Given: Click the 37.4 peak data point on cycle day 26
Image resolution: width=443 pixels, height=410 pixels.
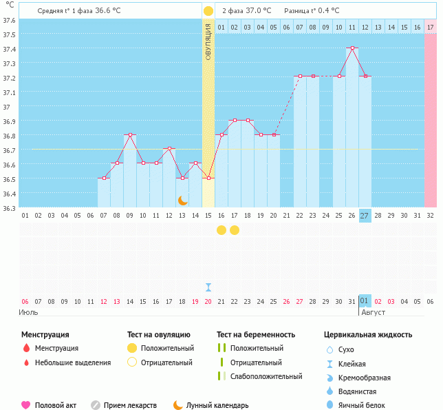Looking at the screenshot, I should (352, 48).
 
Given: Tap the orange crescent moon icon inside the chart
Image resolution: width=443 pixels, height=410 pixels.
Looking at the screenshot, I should (183, 200).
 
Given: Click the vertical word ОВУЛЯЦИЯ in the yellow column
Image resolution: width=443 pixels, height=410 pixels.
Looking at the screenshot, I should (208, 42).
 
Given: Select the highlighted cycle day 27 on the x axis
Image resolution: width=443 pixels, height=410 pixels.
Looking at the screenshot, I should (365, 215).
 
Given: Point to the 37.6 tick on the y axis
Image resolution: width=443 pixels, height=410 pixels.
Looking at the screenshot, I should (10, 20).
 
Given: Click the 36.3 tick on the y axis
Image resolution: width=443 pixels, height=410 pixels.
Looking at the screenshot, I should (10, 207).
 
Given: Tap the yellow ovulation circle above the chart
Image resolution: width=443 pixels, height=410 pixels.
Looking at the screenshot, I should (208, 11).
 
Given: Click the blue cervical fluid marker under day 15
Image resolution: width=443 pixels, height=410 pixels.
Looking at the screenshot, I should (208, 287).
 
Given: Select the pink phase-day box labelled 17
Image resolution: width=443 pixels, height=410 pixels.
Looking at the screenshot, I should (431, 27).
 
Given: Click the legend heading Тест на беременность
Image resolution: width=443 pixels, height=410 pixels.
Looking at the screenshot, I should (256, 335).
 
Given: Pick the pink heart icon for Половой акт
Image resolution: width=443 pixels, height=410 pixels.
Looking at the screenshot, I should (26, 405).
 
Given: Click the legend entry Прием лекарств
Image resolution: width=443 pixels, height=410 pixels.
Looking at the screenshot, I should (130, 405).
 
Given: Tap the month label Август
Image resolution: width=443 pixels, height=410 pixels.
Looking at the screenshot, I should (374, 312).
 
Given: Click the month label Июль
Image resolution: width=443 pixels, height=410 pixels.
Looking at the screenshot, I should (28, 312).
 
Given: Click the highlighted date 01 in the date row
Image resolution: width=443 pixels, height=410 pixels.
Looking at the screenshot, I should (365, 301).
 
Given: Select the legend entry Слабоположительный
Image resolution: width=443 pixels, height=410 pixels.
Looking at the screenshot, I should (266, 376).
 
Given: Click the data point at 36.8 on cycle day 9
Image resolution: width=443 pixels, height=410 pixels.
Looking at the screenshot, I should (130, 135).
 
